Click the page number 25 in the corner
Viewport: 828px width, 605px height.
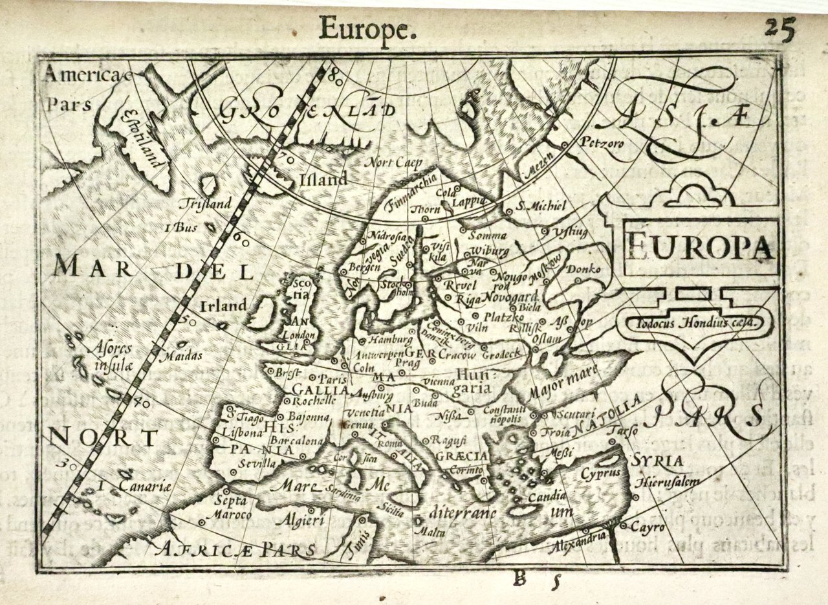[779, 28]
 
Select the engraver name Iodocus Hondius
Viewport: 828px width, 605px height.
[688, 320]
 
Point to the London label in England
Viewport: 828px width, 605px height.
[299, 335]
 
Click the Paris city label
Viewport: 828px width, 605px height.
[334, 379]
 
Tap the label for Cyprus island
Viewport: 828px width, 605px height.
[600, 472]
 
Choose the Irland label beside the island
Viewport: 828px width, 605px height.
[223, 305]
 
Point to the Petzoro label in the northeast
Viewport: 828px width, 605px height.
[603, 142]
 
